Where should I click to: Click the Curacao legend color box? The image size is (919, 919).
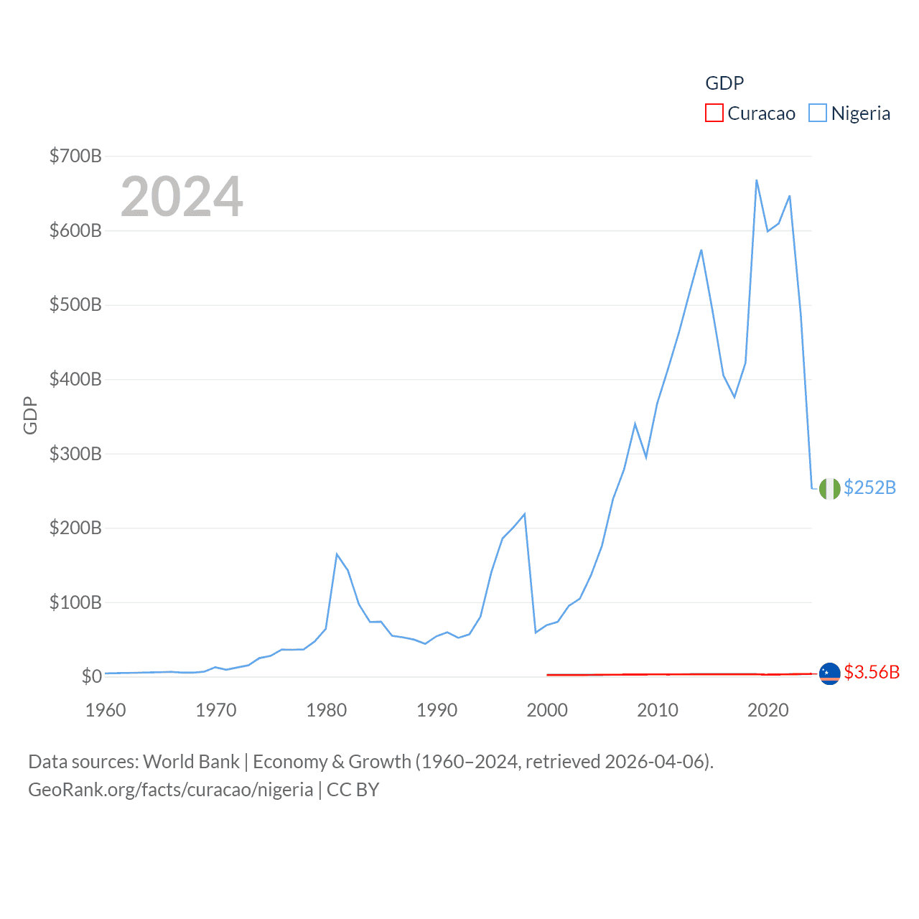[714, 113]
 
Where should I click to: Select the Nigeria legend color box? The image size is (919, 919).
[818, 113]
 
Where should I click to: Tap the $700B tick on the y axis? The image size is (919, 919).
[75, 156]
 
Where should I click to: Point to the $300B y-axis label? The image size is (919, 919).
[75, 454]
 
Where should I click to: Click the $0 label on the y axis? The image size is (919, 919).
[91, 676]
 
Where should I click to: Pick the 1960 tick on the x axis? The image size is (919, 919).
[106, 710]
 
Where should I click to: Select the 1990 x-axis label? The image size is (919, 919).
[437, 710]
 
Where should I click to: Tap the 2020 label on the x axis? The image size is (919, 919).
[768, 710]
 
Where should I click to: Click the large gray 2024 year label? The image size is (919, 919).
[182, 197]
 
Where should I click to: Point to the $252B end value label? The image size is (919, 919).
[869, 488]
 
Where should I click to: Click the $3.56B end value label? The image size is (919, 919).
[872, 672]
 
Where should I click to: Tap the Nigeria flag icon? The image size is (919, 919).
[829, 488]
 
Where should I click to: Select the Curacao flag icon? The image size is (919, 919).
[829, 673]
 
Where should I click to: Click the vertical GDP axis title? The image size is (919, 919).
[30, 415]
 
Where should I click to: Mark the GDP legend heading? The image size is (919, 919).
[724, 83]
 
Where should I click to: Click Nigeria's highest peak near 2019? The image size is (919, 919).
[757, 180]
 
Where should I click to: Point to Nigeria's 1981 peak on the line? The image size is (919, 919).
[337, 554]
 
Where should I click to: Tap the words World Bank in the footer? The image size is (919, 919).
[191, 761]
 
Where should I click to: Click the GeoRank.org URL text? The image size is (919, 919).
[170, 790]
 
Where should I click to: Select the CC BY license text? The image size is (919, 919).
[353, 790]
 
